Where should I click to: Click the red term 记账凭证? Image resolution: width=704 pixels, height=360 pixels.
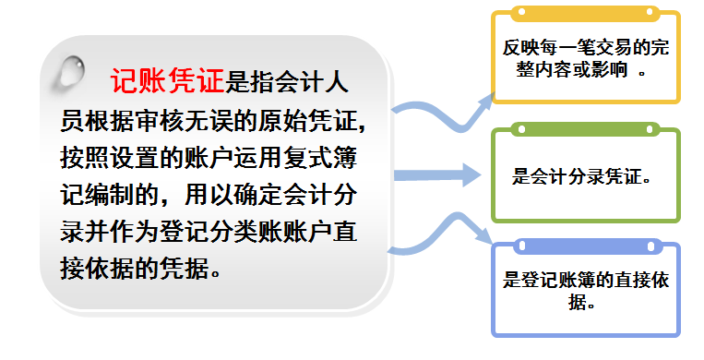(167, 82)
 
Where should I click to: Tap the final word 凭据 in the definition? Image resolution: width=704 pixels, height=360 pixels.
(194, 267)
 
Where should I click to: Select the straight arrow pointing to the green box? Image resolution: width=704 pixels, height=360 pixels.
(435, 174)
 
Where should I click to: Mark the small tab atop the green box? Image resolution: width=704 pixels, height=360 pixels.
(586, 132)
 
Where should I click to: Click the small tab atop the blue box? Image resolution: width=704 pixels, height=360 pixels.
(586, 246)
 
